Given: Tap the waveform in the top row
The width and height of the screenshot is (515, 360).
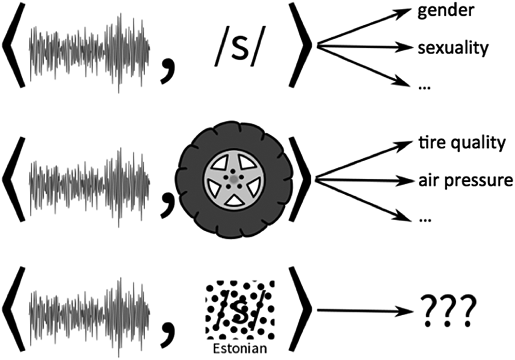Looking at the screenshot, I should click(x=90, y=52).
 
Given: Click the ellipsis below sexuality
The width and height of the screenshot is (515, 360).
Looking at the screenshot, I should click(x=425, y=88).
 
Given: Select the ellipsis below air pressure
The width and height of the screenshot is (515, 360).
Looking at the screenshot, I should click(x=425, y=220).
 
